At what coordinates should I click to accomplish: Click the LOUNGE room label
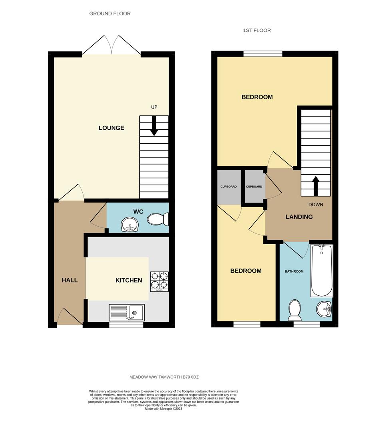tap(111, 128)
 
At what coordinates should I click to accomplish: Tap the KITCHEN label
tap(129, 280)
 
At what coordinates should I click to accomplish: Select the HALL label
tap(70, 280)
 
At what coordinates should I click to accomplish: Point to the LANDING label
tap(299, 217)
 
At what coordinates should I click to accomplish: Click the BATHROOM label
tap(294, 271)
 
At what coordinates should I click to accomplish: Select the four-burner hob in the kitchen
tap(159, 281)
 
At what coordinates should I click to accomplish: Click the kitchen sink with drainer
tap(126, 312)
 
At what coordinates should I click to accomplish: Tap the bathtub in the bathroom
tap(322, 271)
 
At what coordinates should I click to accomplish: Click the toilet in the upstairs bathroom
tap(295, 310)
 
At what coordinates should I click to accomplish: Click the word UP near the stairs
tap(154, 107)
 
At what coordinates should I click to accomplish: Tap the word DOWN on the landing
tap(316, 204)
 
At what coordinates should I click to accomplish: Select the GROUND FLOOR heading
tap(110, 14)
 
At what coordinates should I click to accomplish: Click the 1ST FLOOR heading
tap(257, 30)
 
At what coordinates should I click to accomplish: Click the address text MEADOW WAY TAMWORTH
tap(164, 377)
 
